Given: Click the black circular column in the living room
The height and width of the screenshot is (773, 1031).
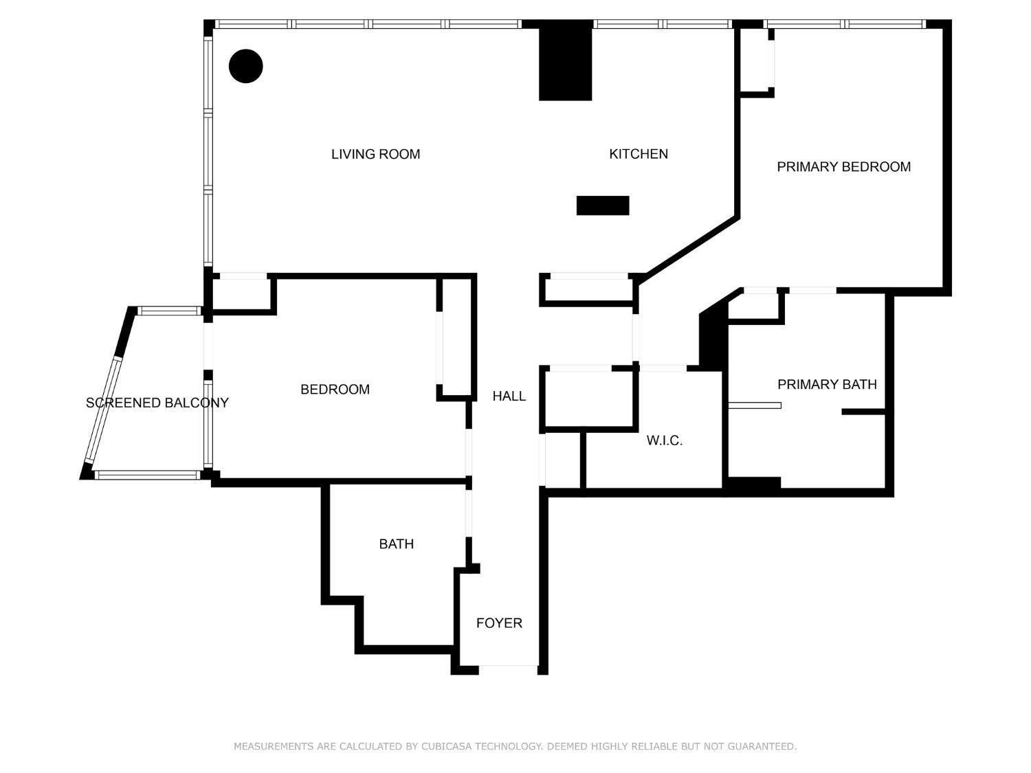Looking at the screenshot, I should pyautogui.click(x=245, y=66).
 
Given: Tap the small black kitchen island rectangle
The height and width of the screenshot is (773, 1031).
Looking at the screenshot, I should pyautogui.click(x=603, y=205).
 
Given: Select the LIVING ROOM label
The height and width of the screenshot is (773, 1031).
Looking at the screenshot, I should pyautogui.click(x=375, y=154).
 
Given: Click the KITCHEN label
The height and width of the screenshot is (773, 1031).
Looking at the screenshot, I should pyautogui.click(x=638, y=154).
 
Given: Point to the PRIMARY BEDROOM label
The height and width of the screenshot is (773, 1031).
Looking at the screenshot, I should pyautogui.click(x=843, y=166).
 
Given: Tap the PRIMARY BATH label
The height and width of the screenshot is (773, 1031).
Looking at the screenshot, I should pyautogui.click(x=827, y=384).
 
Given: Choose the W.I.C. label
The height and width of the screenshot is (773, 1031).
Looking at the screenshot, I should pyautogui.click(x=664, y=440).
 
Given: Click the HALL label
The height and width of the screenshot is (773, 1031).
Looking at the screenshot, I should pyautogui.click(x=509, y=396).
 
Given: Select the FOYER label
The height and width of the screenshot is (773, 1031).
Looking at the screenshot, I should pyautogui.click(x=499, y=623).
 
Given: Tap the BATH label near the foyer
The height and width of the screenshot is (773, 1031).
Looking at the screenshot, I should pyautogui.click(x=396, y=544).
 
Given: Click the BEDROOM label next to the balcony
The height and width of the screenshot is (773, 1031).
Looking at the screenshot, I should pyautogui.click(x=335, y=389).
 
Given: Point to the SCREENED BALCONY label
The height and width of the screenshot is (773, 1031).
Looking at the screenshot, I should pyautogui.click(x=157, y=403).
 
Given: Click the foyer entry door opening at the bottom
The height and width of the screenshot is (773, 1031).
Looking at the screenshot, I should pyautogui.click(x=508, y=666).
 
